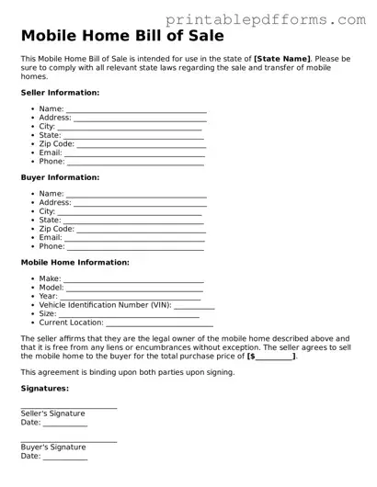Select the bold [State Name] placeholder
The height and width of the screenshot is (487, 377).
282,58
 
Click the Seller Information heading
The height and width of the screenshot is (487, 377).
60,93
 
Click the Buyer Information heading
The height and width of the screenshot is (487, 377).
60,177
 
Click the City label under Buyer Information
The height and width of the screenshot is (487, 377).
47,211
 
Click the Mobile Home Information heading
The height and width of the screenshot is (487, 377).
74,262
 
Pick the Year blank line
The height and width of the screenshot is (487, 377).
130,297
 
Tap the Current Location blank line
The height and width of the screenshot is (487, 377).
160,323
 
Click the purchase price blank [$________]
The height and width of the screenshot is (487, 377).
271,356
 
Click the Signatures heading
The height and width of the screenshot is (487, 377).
45,389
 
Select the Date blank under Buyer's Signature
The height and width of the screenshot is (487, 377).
65,456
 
